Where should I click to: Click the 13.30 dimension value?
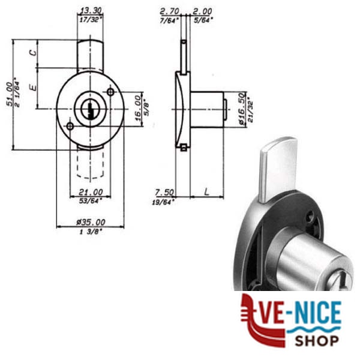[91, 11]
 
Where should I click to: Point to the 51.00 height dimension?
[10, 94]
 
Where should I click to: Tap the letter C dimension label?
[33, 53]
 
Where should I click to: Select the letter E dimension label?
[33, 87]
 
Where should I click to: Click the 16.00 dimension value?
[138, 108]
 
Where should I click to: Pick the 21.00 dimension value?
[91, 192]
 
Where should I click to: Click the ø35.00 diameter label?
[91, 222]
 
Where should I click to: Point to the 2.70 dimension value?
[169, 11]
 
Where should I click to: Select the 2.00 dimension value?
[202, 11]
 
